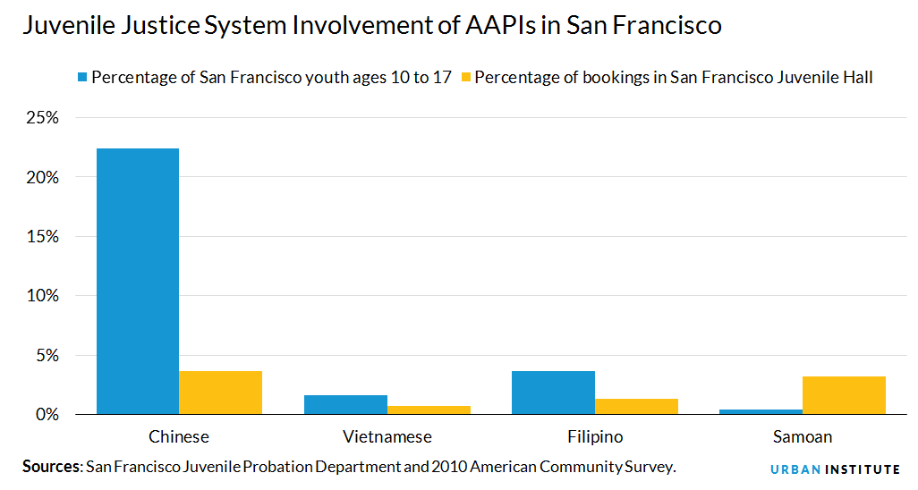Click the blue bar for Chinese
point(137,281)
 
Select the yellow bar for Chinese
point(220,393)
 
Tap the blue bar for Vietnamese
point(345,404)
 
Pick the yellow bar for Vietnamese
point(429,410)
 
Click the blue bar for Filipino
point(553,393)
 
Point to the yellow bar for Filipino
point(636,406)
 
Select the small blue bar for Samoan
point(761,411)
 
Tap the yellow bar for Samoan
point(844,395)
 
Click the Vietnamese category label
point(387,437)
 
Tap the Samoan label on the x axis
point(802,437)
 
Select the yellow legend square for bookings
point(463,78)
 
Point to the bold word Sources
point(52,466)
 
